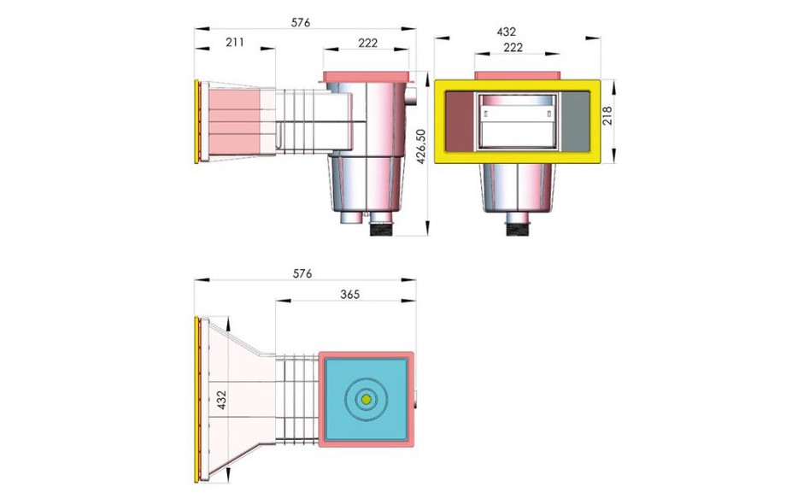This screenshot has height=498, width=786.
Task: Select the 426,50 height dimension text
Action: (419, 150)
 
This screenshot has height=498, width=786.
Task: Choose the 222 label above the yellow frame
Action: (513, 48)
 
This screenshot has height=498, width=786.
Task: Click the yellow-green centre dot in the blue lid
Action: (366, 399)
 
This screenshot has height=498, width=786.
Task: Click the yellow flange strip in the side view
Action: (198, 122)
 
